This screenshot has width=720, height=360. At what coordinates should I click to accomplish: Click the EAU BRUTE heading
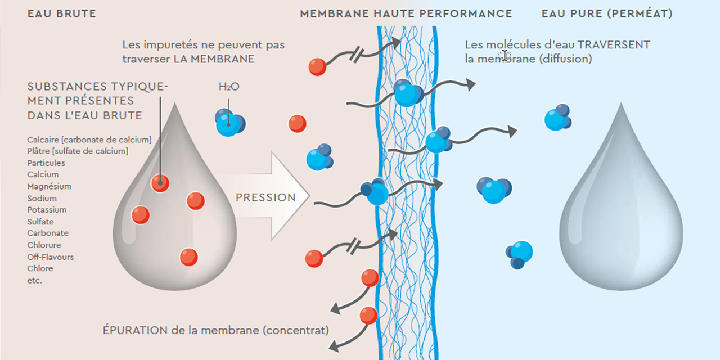(62, 14)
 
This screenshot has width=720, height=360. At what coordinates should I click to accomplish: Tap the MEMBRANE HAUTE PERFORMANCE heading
(406, 14)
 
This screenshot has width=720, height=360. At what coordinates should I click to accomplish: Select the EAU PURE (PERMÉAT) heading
(607, 14)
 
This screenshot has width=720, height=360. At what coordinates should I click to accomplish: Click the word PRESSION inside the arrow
(265, 197)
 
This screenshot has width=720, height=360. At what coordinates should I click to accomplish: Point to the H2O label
(228, 87)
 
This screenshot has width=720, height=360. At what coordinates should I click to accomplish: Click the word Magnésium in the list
(49, 186)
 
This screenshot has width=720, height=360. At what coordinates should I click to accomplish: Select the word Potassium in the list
(47, 210)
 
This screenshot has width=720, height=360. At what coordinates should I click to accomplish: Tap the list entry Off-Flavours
(51, 257)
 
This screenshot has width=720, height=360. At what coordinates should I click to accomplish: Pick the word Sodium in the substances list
(42, 198)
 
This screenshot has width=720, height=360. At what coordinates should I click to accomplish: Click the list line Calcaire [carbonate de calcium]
(89, 139)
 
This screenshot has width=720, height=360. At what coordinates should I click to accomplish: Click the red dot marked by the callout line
(160, 182)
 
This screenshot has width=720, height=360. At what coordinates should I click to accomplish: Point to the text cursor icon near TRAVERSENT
(505, 55)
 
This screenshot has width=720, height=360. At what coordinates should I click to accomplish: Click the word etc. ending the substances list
(35, 280)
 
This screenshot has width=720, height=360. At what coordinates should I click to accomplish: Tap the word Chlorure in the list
(44, 245)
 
